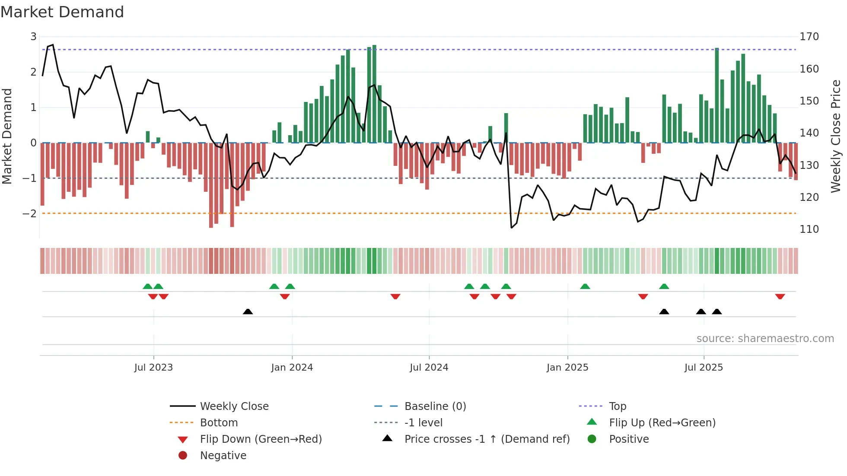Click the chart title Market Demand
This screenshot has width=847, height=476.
[62, 12]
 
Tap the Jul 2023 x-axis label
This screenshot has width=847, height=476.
[153, 368]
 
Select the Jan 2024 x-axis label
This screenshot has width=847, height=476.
[292, 368]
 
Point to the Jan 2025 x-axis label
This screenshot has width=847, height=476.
[567, 368]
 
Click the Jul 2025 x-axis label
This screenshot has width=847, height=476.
[704, 368]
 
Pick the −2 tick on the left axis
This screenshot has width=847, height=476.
[29, 214]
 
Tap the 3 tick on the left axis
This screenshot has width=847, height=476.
[33, 37]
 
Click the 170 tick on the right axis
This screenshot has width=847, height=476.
[809, 37]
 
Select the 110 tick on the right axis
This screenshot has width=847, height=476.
[809, 229]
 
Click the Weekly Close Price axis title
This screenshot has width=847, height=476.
[836, 136]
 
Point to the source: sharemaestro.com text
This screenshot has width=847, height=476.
[765, 339]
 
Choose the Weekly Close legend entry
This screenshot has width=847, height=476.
[234, 406]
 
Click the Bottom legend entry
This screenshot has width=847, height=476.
[219, 423]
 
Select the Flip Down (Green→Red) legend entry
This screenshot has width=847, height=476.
[261, 439]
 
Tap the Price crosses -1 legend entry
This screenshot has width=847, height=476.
[487, 439]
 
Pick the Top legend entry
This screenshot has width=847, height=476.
[618, 406]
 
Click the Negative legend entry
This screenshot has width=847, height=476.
[223, 456]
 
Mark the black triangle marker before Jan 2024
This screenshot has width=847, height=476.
[248, 311]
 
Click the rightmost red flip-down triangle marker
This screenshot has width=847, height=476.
[780, 296]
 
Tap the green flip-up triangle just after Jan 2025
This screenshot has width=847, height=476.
[585, 286]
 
